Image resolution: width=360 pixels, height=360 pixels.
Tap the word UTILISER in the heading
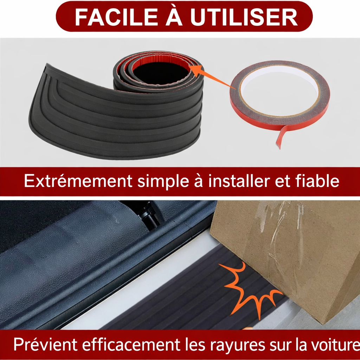(x=244, y=17)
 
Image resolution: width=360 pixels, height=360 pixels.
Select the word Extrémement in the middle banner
(x=78, y=181)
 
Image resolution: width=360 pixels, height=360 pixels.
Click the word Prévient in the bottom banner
(x=45, y=344)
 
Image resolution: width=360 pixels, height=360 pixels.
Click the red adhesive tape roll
(x=279, y=96)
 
